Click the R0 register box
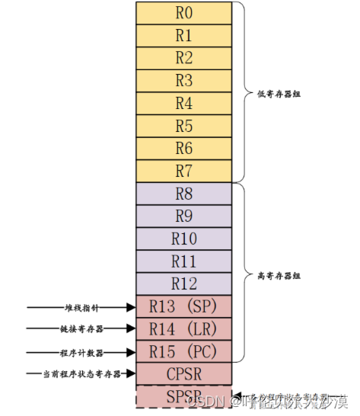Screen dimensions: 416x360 [183, 13]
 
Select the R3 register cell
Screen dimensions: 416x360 [183, 80]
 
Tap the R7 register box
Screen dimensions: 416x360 [183, 169]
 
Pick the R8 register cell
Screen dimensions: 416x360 [183, 193]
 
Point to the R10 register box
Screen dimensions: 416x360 [183, 238]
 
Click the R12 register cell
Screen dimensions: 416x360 [183, 283]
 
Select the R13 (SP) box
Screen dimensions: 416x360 [183, 307]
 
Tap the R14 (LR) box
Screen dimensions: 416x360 [183, 329]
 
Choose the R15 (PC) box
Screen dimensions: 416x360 [183, 352]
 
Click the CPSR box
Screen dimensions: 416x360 [183, 374]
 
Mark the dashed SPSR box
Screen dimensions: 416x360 [183, 397]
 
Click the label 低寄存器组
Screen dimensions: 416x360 [267, 94]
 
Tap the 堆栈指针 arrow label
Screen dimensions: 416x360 [82, 308]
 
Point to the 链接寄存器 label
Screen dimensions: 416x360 [82, 330]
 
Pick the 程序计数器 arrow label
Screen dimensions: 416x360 [82, 353]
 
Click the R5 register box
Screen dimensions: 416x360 [183, 125]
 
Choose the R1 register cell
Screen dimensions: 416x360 [183, 35]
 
